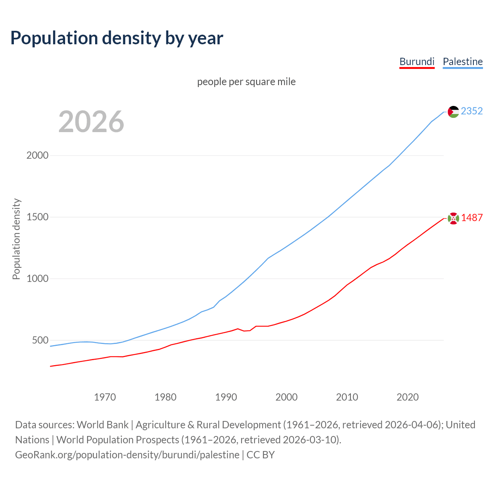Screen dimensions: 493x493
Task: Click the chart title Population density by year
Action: pyautogui.click(x=117, y=38)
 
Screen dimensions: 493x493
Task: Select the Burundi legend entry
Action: pyautogui.click(x=417, y=62)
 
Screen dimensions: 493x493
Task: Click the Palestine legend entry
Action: pyautogui.click(x=463, y=62)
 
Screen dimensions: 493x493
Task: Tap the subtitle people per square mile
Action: pyautogui.click(x=246, y=82)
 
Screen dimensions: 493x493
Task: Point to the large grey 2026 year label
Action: pyautogui.click(x=91, y=122)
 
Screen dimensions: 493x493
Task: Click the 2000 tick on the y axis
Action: pyautogui.click(x=37, y=155)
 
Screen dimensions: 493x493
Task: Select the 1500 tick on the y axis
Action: pyautogui.click(x=37, y=217)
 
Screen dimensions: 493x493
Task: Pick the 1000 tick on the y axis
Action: pyautogui.click(x=37, y=278)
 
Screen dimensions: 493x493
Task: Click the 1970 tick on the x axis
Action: pyautogui.click(x=105, y=397)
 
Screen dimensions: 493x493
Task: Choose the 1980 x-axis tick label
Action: pyautogui.click(x=165, y=397)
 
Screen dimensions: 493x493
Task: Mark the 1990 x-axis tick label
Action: pyautogui.click(x=226, y=397)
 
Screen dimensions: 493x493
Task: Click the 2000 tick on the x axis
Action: pyautogui.click(x=287, y=397)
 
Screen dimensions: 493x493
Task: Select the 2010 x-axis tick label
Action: pyautogui.click(x=347, y=397)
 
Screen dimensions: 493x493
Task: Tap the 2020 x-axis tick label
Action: pyautogui.click(x=407, y=397)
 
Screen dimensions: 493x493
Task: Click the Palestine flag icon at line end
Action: pyautogui.click(x=453, y=112)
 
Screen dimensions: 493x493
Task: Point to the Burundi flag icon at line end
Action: pyautogui.click(x=453, y=218)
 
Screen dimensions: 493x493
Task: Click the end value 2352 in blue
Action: pyautogui.click(x=472, y=111)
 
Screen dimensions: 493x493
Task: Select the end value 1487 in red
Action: pyautogui.click(x=472, y=218)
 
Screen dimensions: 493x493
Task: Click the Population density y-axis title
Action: pyautogui.click(x=16, y=239)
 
